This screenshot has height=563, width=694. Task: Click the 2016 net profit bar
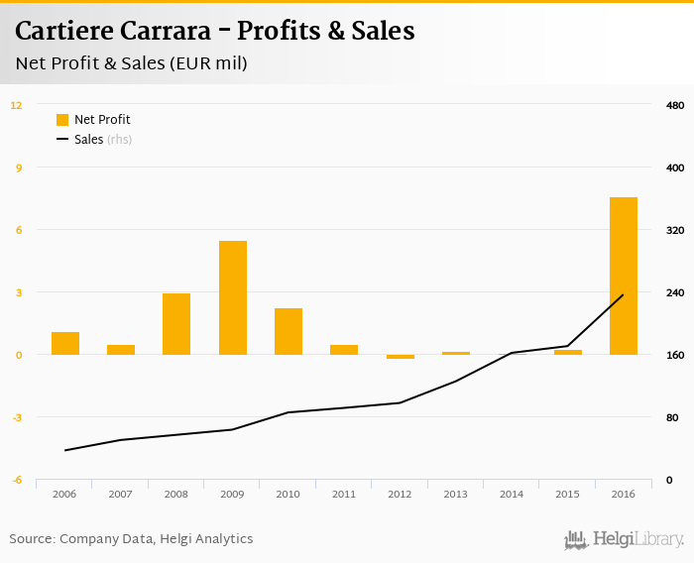623,276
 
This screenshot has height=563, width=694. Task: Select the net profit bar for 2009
233,297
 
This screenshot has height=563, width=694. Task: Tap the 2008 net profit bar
176,324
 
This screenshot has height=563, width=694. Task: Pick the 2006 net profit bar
65,343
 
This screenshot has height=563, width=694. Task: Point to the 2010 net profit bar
289,331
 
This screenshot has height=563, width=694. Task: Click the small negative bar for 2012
401,357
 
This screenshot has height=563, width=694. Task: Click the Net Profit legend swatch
62,120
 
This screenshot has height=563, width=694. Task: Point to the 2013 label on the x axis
456,494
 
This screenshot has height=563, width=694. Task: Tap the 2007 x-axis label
121,494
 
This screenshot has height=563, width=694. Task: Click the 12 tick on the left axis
17,105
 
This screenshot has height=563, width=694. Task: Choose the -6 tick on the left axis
17,480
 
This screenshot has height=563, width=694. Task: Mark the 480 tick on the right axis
675,105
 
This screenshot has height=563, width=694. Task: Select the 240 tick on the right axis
675,292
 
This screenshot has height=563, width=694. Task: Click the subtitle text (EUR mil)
208,63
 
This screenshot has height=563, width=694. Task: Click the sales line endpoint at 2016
623,294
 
